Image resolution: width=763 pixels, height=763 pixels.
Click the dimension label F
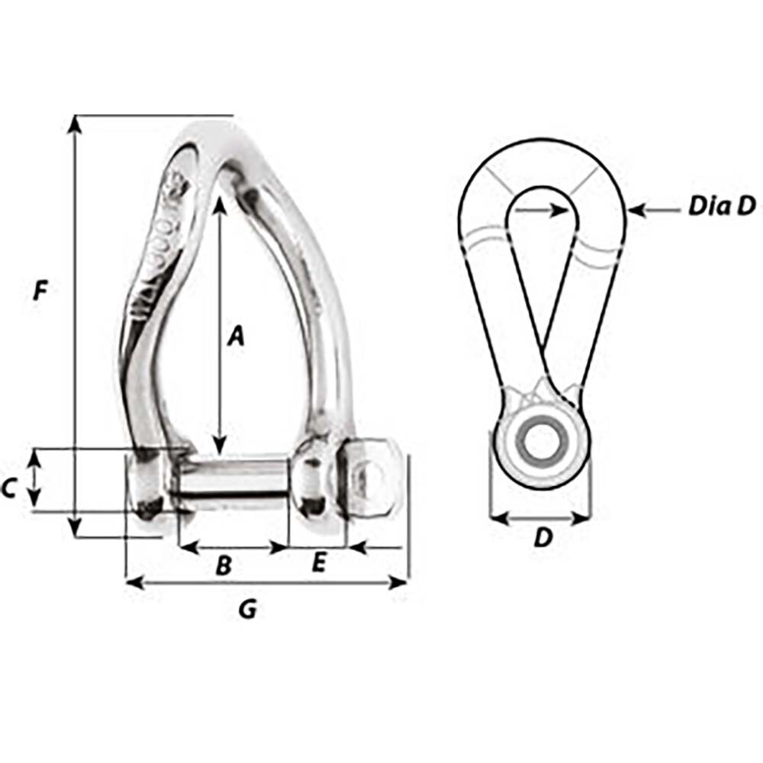(41, 290)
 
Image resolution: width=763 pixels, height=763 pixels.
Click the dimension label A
(237, 334)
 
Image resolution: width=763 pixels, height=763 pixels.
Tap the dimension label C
(9, 487)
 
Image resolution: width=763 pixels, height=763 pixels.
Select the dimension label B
(224, 565)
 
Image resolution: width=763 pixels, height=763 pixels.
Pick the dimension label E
(319, 563)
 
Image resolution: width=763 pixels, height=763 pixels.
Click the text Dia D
(721, 206)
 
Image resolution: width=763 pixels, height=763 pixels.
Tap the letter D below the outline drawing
(542, 538)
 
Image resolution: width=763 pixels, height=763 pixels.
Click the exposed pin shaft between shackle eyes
(233, 478)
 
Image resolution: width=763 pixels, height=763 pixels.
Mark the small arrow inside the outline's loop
(555, 208)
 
